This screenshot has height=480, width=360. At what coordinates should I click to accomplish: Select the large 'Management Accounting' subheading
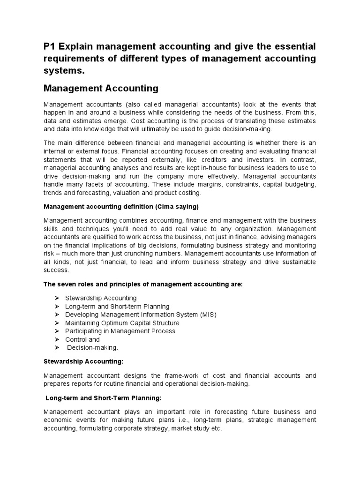click(x=101, y=88)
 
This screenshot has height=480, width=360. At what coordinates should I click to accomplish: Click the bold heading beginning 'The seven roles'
click(x=143, y=284)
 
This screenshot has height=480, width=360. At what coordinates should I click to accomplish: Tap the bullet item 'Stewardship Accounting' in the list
click(x=101, y=298)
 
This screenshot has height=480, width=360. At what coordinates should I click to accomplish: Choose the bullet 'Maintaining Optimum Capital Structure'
click(x=122, y=323)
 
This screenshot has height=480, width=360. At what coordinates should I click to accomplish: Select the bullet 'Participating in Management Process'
click(x=120, y=331)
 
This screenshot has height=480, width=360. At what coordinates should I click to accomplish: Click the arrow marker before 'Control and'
click(x=56, y=339)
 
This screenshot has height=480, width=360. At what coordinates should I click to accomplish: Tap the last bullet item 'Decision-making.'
click(x=92, y=348)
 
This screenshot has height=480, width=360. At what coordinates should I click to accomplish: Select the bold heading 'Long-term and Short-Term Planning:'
click(x=103, y=398)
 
